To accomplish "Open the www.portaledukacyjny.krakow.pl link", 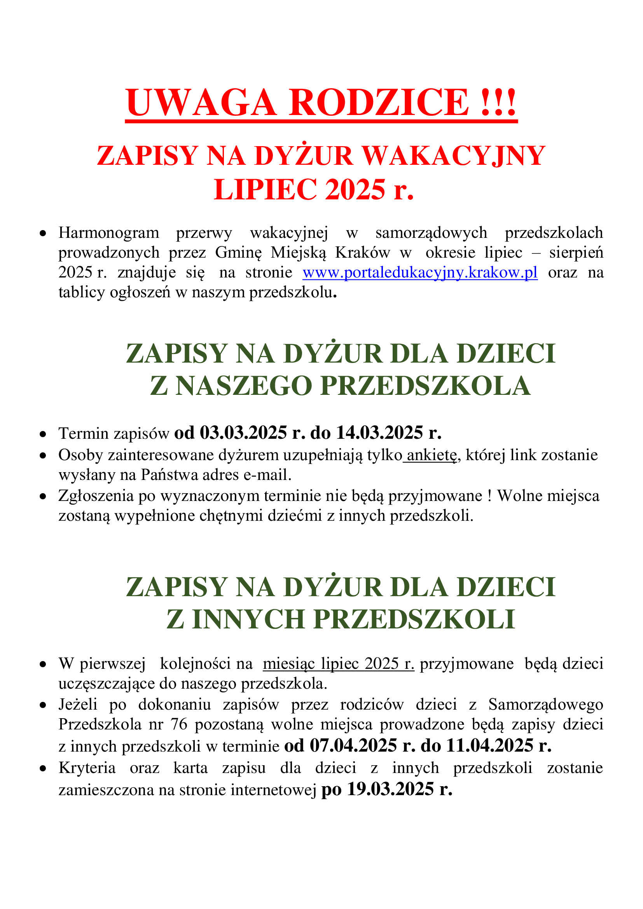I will click(x=420, y=272).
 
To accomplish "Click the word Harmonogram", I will click(x=109, y=233).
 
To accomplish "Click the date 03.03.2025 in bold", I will click(x=243, y=433).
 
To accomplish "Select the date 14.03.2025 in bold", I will click(x=379, y=433).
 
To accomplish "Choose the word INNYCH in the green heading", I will click(x=248, y=619).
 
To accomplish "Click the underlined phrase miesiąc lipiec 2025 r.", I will click(x=339, y=663).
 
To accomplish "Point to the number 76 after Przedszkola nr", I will click(x=179, y=724).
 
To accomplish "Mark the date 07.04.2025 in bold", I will click(x=353, y=746).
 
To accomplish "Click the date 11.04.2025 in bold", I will click(x=490, y=746).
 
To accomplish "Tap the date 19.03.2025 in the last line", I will click(x=390, y=789).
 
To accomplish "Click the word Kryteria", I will click(x=87, y=768).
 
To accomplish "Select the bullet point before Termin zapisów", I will click(x=43, y=434).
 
